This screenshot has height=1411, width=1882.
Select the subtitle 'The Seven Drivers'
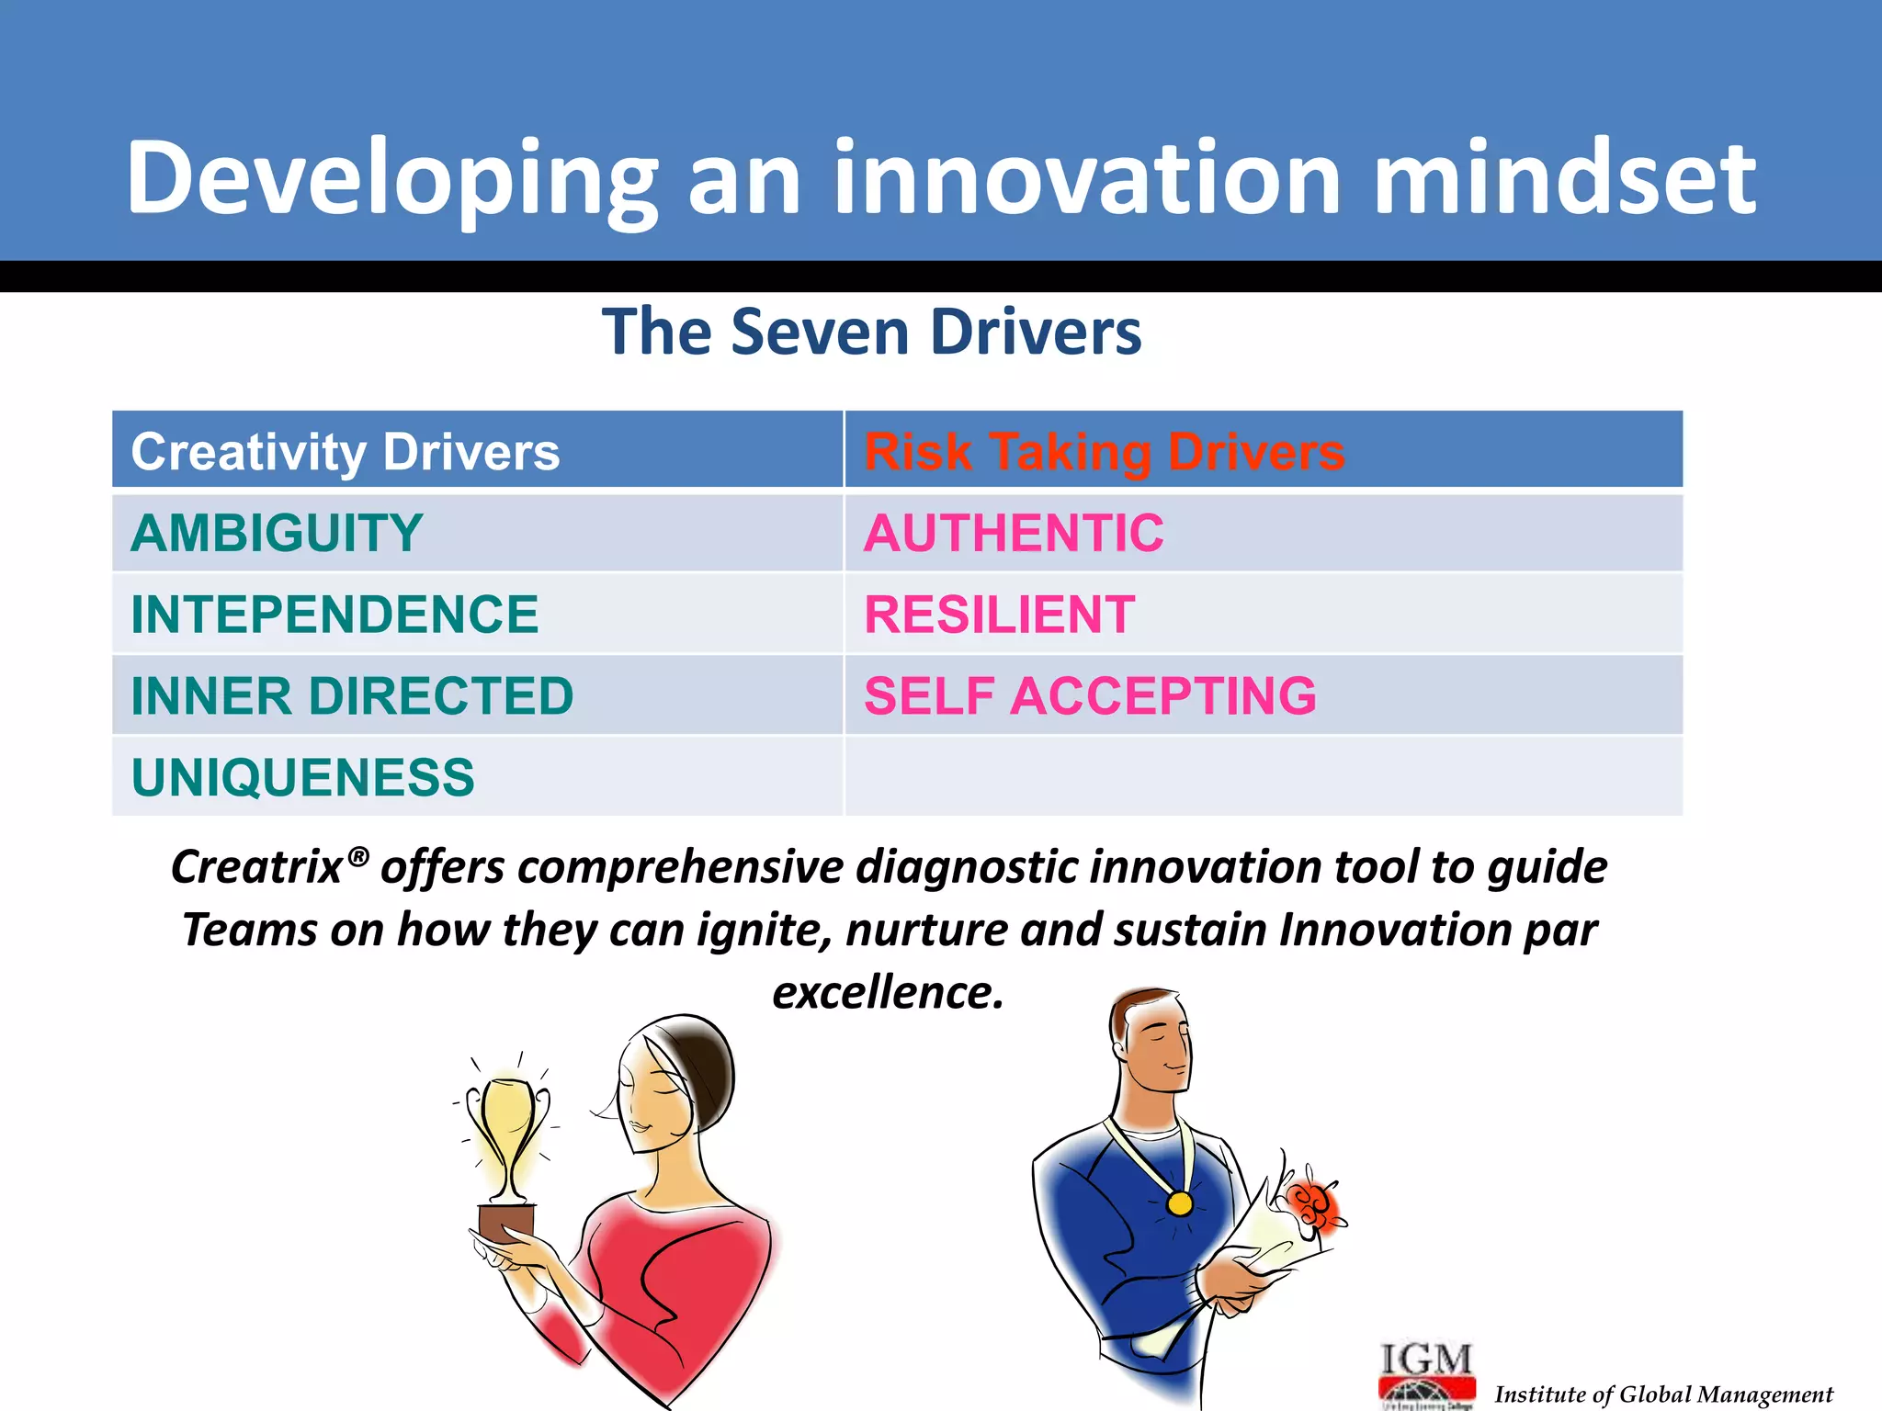[x=871, y=332]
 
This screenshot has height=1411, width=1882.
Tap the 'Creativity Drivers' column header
[x=345, y=452]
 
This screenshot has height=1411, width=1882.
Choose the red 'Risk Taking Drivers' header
[x=1104, y=452]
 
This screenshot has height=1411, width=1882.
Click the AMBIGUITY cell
[x=277, y=533]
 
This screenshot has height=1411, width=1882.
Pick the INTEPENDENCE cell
[x=334, y=615]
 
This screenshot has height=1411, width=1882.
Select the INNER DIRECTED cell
[x=352, y=695]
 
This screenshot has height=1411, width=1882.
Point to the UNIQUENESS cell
[x=302, y=777]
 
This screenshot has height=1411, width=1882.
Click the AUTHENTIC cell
[x=1014, y=533]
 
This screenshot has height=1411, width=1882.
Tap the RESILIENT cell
[x=999, y=615]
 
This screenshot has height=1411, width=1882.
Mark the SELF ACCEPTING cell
[x=1090, y=695]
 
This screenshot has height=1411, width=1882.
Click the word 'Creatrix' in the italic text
[x=258, y=867]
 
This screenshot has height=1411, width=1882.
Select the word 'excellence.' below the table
[x=888, y=992]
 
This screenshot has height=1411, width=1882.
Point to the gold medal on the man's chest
[x=1179, y=1202]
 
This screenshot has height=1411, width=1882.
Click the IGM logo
[x=1426, y=1373]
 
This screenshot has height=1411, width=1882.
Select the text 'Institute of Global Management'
[x=1663, y=1394]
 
